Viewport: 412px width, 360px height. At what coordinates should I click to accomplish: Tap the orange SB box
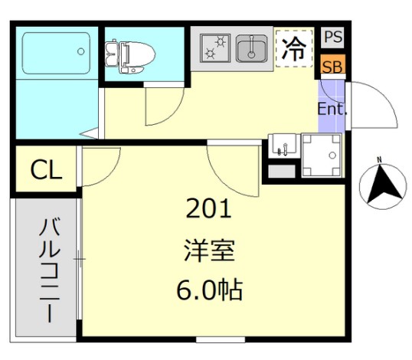click(332, 66)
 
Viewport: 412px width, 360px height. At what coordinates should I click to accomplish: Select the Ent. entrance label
click(332, 109)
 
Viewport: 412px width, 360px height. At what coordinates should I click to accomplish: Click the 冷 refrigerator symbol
click(294, 48)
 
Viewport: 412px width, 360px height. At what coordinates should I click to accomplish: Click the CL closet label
click(46, 171)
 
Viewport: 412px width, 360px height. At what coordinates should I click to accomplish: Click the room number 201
click(209, 208)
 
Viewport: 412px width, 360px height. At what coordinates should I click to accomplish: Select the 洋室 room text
click(208, 249)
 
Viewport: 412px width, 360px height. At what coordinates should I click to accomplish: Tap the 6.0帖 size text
click(208, 290)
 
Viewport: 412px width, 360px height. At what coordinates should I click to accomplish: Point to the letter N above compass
click(378, 160)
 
